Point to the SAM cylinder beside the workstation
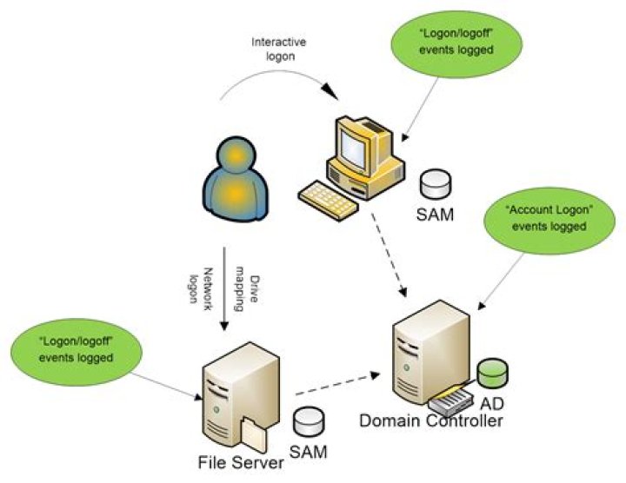pos(434,184)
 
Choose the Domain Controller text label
pos(431,421)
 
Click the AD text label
pos(492,405)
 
